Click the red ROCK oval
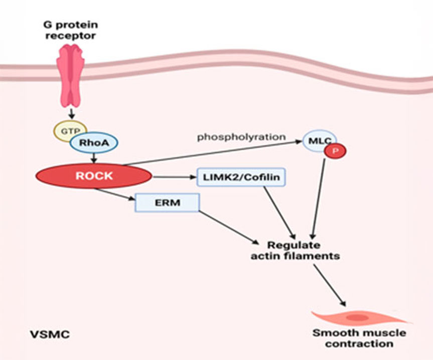click(x=94, y=176)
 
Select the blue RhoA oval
click(x=94, y=143)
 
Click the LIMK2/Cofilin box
click(x=234, y=177)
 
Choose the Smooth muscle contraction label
click(x=359, y=338)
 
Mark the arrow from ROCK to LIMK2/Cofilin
click(x=172, y=177)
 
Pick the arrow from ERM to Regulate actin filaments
click(x=231, y=226)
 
